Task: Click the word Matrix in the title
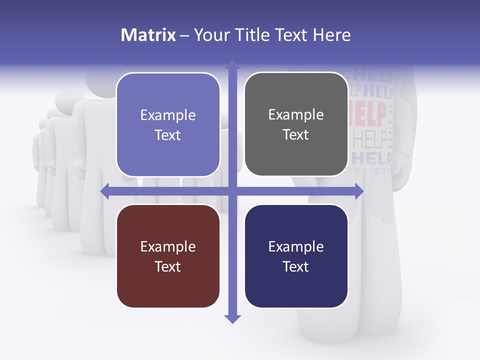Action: [x=148, y=35]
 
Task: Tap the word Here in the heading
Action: [x=332, y=35]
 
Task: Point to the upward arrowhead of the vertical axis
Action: [x=232, y=64]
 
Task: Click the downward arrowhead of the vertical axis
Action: [x=232, y=319]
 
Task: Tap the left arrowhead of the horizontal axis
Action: [x=105, y=191]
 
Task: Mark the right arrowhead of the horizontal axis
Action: [x=359, y=191]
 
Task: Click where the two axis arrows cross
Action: [x=232, y=191]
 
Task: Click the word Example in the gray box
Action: [x=296, y=115]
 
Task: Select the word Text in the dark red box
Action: [x=168, y=266]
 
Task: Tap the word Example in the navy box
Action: [x=296, y=246]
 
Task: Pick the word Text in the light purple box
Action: [x=168, y=135]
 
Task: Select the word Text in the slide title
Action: [x=293, y=35]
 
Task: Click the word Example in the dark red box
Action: [x=168, y=246]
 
